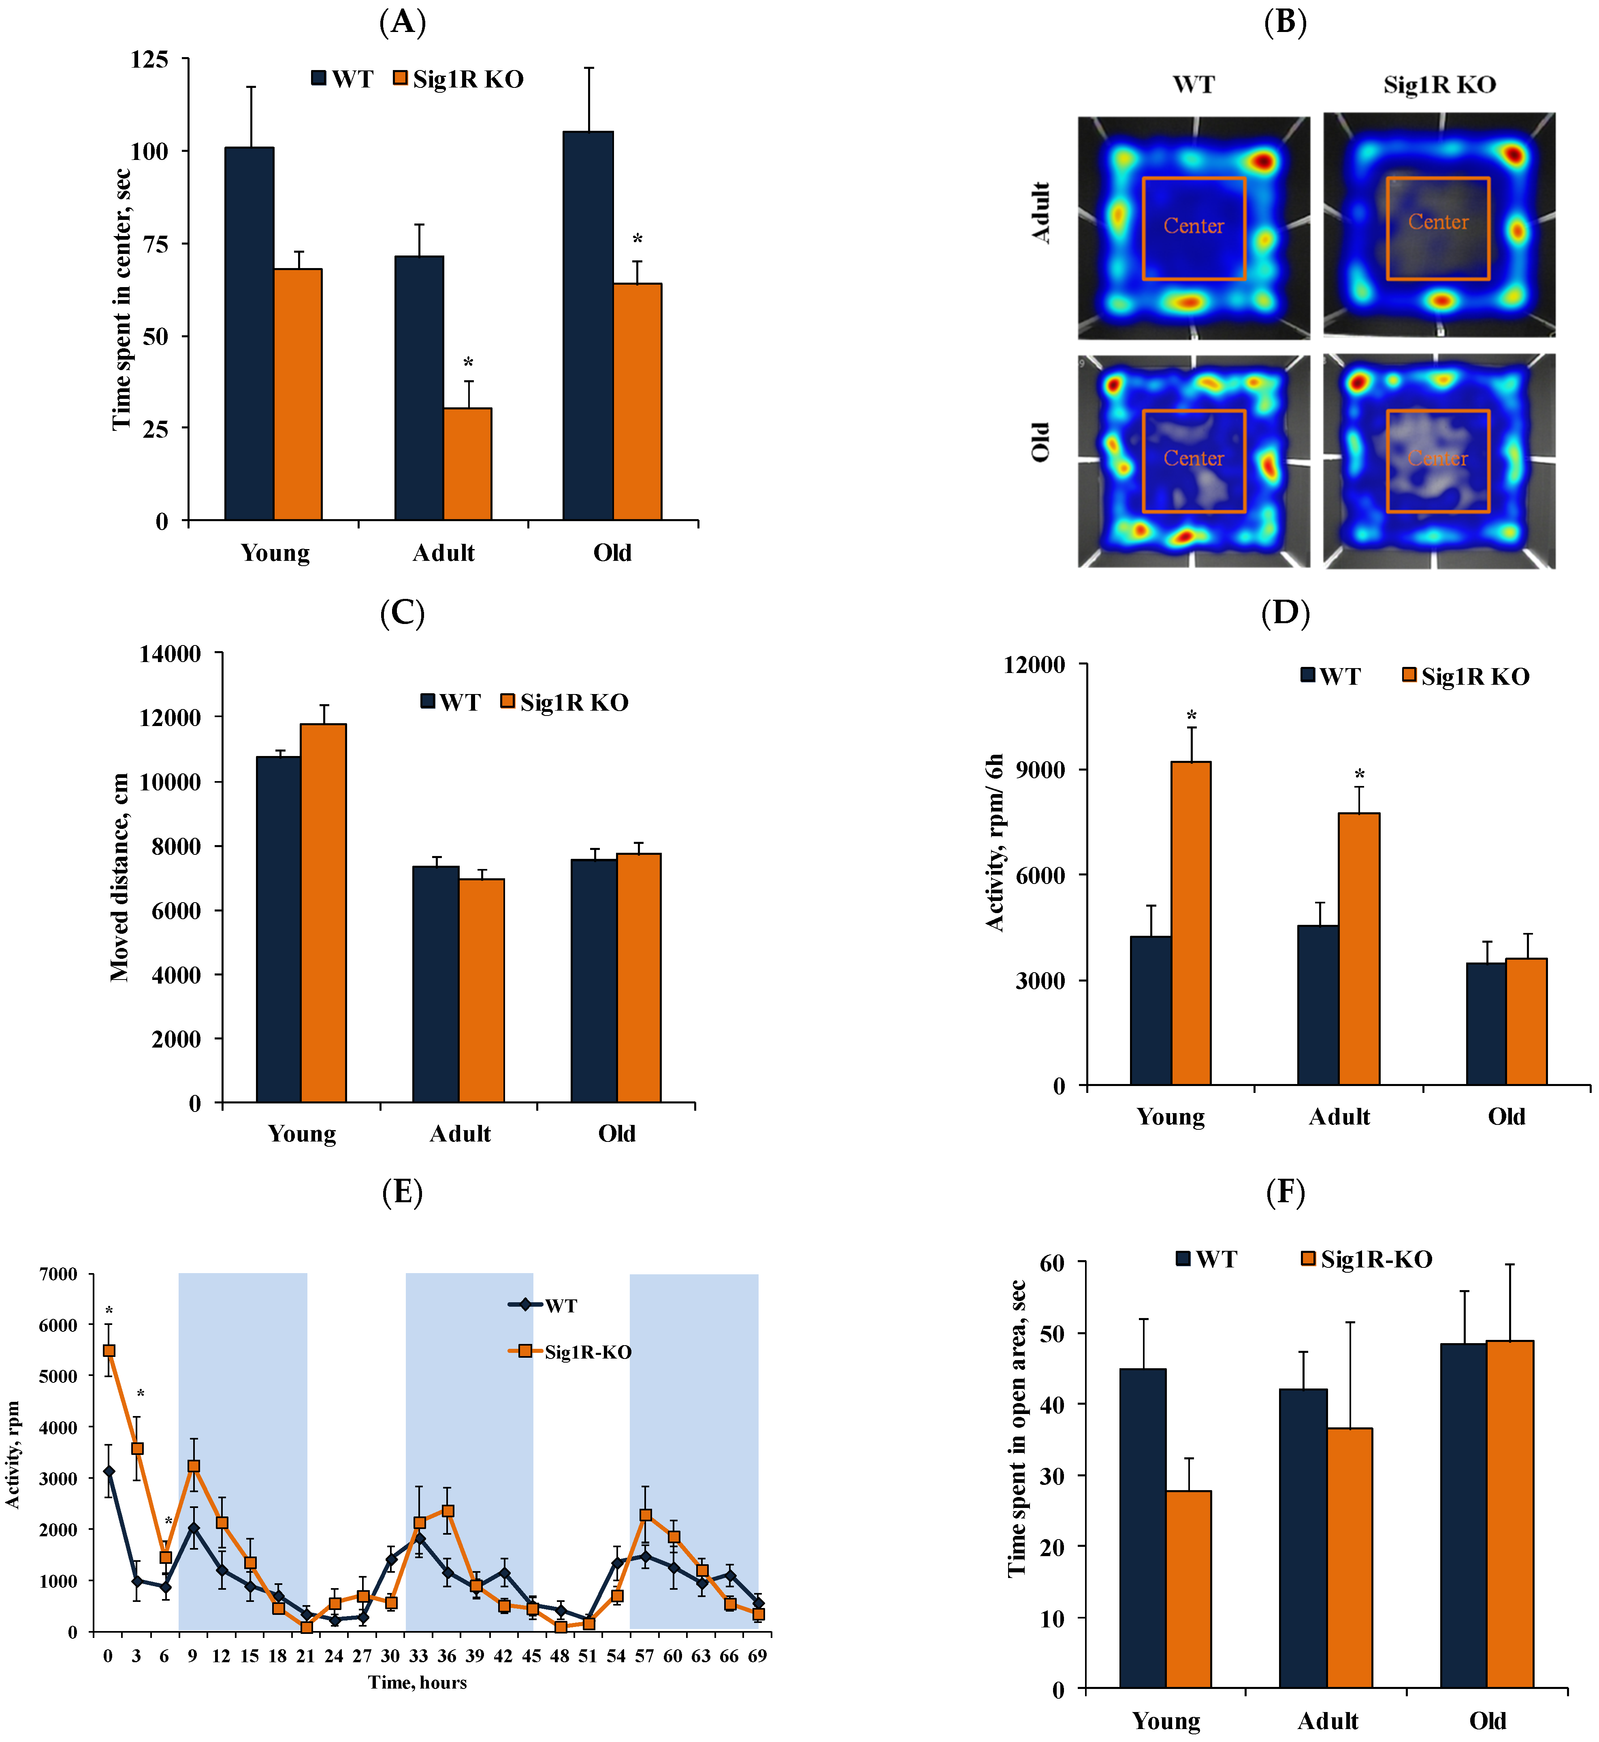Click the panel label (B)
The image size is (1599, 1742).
point(1285,21)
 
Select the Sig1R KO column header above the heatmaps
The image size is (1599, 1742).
point(1439,85)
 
